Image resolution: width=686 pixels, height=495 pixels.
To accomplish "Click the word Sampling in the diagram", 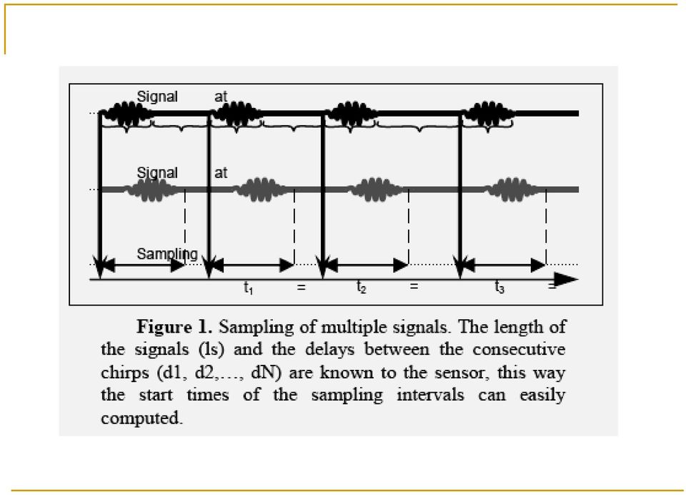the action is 167,254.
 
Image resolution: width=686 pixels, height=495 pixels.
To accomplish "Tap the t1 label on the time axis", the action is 248,288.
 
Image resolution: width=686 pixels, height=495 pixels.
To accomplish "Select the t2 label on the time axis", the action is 361,288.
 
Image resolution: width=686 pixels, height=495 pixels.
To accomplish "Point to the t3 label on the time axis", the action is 499,288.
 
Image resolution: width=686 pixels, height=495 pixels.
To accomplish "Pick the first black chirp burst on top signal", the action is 128,114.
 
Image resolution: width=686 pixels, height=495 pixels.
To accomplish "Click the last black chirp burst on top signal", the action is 489,114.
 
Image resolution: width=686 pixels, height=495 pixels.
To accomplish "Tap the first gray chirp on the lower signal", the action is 151,190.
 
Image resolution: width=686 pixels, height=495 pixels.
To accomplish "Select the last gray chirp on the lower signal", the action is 512,190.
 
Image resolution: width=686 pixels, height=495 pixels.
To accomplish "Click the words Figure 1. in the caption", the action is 174,327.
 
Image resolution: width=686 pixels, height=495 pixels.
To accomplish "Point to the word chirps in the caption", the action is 125,373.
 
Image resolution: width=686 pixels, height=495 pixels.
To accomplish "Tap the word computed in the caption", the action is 141,418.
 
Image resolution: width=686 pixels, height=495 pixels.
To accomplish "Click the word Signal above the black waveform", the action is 157,97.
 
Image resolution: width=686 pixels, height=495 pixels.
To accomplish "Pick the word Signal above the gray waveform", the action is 157,172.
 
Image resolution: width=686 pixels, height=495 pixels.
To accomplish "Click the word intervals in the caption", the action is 430,395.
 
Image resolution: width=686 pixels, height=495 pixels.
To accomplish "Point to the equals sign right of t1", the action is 301,288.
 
